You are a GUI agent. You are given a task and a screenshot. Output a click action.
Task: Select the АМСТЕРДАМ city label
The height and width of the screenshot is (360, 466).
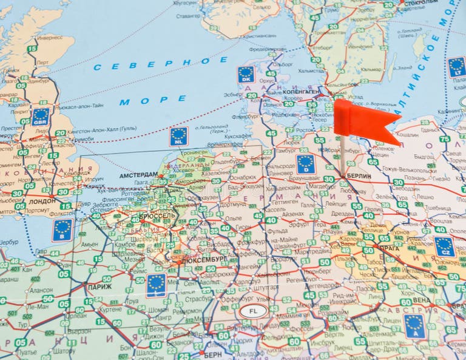coord(138,175)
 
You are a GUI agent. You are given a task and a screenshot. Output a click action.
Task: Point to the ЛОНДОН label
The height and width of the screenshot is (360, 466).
coord(42,201)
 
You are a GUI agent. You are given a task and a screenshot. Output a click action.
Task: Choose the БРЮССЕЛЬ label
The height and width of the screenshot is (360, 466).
coord(157,216)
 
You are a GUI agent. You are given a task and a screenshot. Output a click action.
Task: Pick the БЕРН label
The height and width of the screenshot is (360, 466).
coord(213,355)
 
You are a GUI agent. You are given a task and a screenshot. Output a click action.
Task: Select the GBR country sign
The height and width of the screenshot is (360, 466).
coord(41,116)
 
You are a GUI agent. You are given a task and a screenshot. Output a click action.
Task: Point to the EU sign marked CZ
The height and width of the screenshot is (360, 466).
coord(444,246)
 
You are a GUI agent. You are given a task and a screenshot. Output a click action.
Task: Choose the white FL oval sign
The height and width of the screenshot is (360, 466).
coord(252,311)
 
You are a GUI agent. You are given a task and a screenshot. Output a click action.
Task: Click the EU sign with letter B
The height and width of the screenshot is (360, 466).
coord(62,230)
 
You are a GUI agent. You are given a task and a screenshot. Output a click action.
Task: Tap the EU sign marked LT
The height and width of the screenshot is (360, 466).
coord(457,66)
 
